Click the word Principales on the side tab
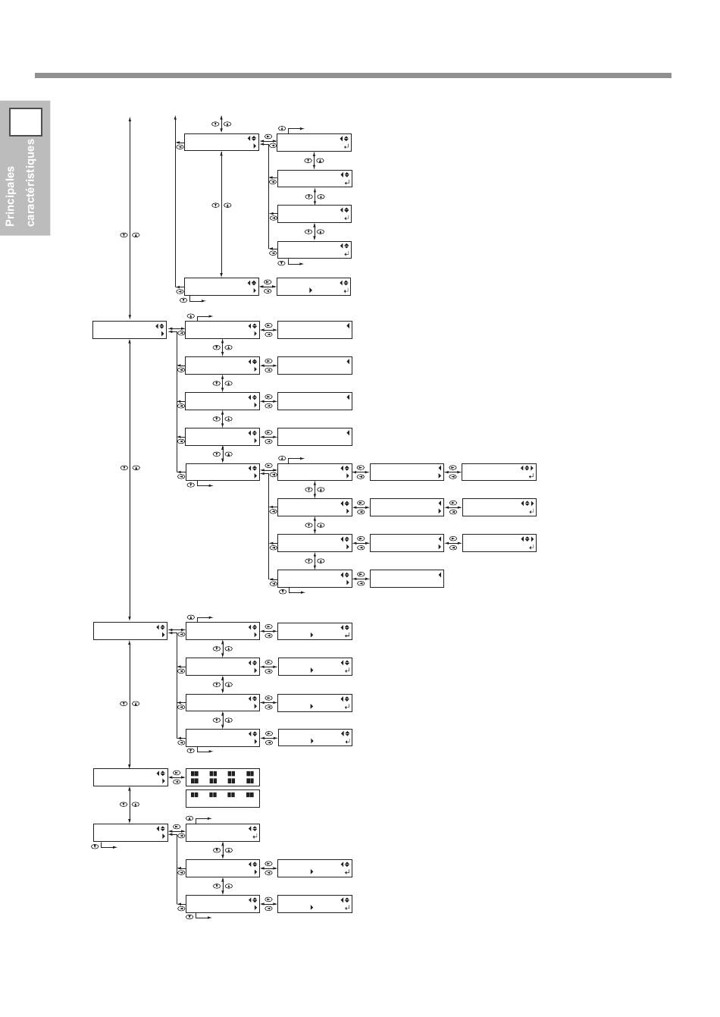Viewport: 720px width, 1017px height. (10, 196)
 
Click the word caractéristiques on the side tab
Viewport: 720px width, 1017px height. (30, 183)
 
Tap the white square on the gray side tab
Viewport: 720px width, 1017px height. (26, 121)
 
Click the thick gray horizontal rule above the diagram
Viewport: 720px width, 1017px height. (353, 75)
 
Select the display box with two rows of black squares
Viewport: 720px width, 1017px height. (223, 777)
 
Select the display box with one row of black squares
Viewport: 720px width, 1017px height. (223, 799)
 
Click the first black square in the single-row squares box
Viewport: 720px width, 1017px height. (195, 795)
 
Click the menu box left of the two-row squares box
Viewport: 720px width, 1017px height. (130, 777)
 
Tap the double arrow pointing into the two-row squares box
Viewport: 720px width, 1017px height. (177, 777)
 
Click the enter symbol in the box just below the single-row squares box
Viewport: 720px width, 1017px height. (255, 837)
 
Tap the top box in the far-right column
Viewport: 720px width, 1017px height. (499, 472)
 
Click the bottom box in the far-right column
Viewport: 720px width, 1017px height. (499, 543)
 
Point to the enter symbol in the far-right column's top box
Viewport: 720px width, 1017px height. (532, 476)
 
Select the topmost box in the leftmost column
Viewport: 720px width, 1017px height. (130, 330)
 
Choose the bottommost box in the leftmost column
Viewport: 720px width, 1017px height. (130, 833)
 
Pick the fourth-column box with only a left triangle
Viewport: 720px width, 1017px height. (406, 579)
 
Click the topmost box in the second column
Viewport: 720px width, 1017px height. (221, 142)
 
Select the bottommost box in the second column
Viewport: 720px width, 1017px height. (223, 903)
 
